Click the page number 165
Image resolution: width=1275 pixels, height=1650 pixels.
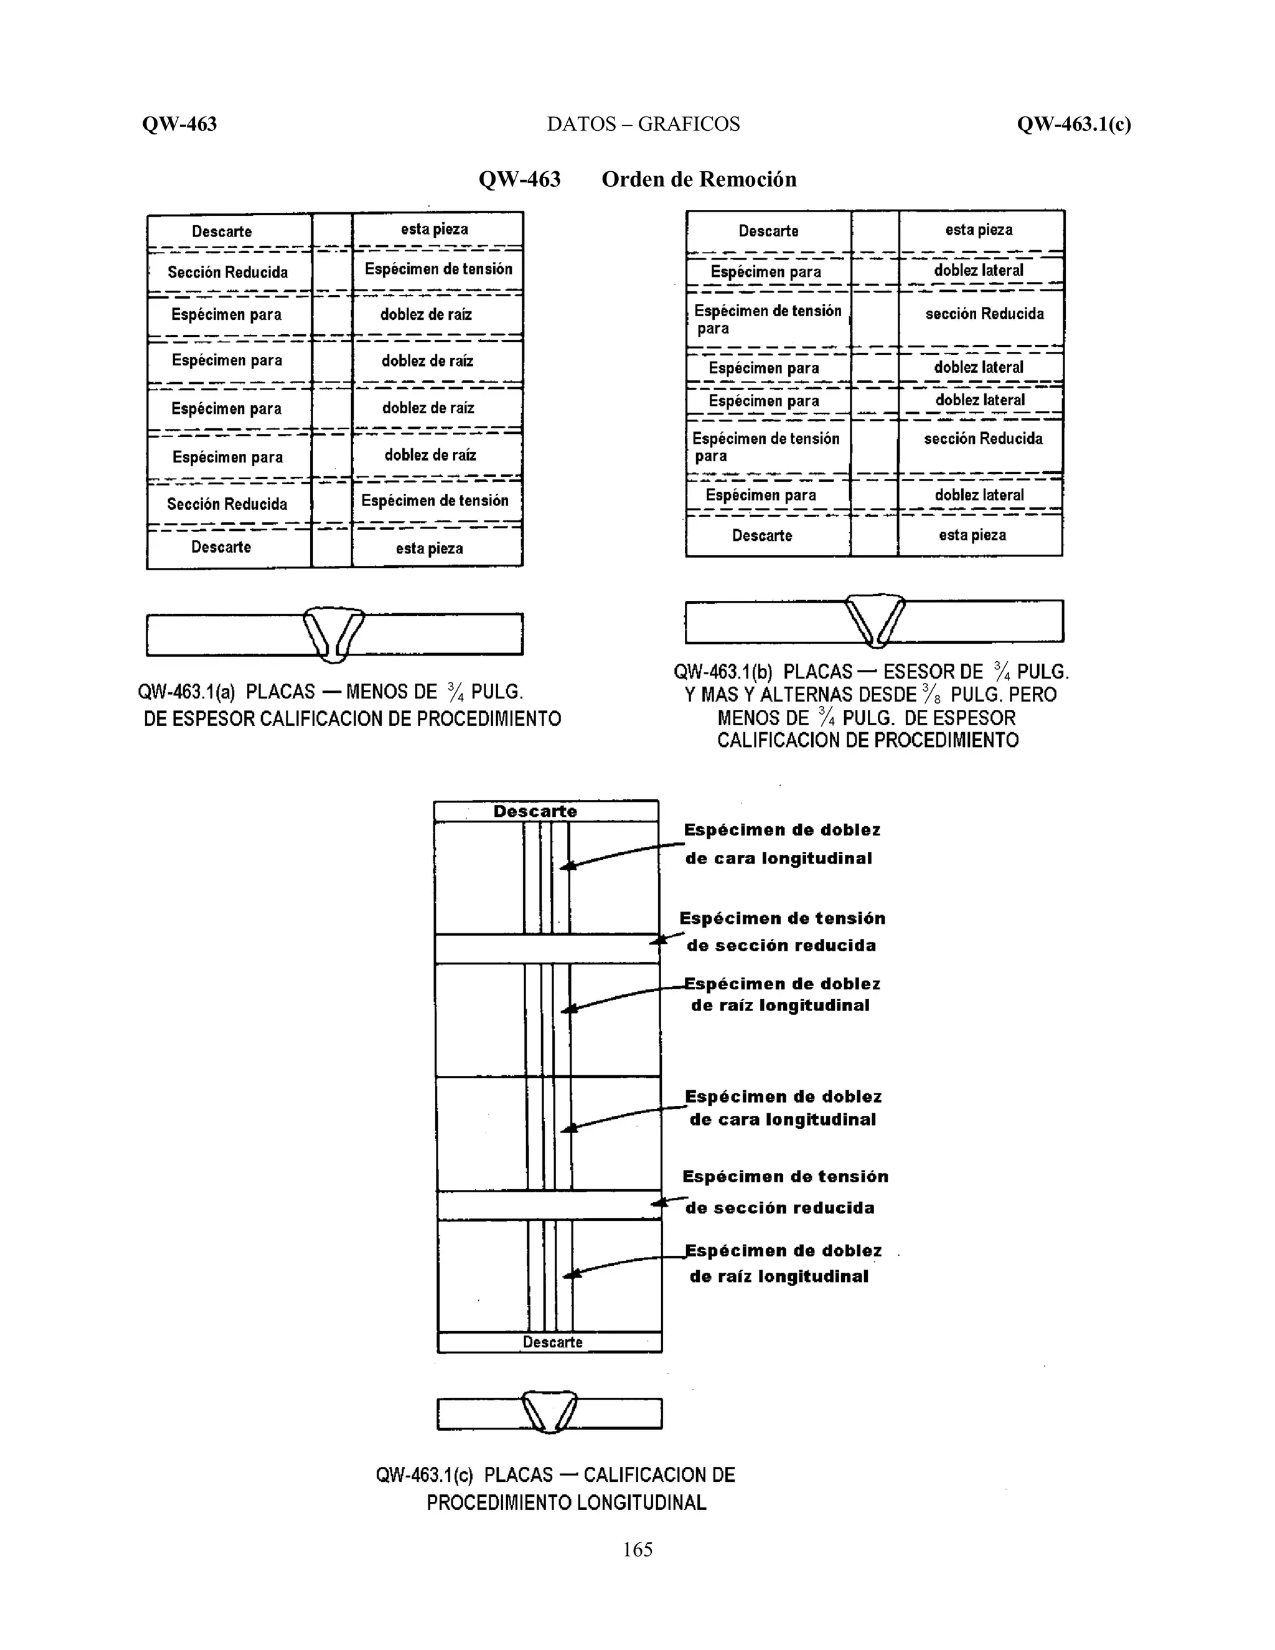pos(637,1550)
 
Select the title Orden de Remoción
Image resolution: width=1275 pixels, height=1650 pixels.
pos(699,179)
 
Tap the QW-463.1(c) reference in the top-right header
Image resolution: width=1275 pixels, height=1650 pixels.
pos(1073,124)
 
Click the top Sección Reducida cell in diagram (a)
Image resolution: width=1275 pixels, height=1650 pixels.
pos(228,272)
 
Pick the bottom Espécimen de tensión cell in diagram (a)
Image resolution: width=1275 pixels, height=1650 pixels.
pos(435,501)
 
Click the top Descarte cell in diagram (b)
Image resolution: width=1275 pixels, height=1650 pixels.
pos(768,231)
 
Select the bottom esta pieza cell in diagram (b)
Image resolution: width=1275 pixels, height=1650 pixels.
pos(973,535)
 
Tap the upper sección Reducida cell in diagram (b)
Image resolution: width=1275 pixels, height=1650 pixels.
pos(985,314)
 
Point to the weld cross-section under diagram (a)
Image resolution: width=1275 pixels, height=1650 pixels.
pos(333,634)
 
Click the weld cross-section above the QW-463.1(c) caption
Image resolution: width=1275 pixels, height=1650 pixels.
pos(549,1412)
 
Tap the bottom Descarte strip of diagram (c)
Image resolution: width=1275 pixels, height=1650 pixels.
pos(552,1342)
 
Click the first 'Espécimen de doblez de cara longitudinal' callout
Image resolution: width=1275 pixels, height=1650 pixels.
pos(781,844)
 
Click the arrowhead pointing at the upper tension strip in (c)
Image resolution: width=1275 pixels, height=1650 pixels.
pos(658,940)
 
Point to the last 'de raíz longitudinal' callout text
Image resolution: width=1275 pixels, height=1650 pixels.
pos(779,1277)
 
